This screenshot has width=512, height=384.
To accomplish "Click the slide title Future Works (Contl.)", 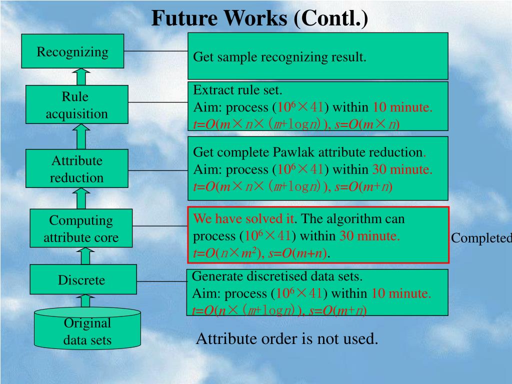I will (x=259, y=18).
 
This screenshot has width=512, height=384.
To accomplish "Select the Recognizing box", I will (x=72, y=51).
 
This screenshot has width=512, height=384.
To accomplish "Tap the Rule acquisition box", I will (x=77, y=105).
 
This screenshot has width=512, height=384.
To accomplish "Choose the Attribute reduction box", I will (x=77, y=169).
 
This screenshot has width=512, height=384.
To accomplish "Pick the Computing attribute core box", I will (x=81, y=228).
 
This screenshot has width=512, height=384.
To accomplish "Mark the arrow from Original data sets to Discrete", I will (x=85, y=300).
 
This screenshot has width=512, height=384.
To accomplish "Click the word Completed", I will (x=481, y=238).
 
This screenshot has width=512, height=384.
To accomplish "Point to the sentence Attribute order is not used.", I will (x=287, y=339).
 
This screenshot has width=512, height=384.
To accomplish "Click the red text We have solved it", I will (x=243, y=218).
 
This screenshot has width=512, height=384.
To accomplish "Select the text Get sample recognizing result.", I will (x=280, y=57).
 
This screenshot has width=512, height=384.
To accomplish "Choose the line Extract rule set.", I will (x=238, y=90).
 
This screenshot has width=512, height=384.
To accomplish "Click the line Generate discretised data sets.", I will (x=277, y=276).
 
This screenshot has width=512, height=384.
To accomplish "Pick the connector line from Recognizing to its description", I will (x=155, y=51).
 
